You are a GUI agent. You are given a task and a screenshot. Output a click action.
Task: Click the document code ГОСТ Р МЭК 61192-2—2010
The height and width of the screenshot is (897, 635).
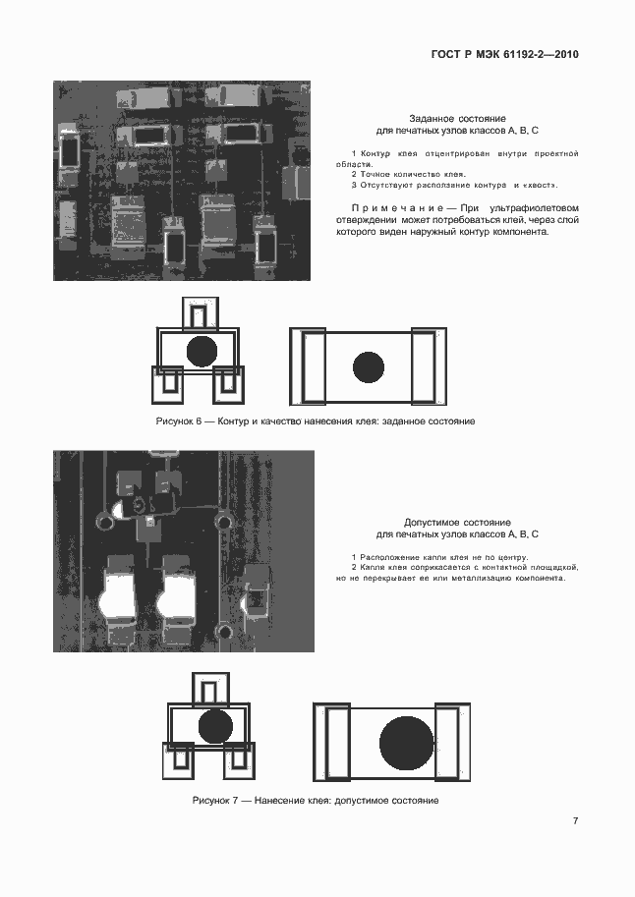(504, 55)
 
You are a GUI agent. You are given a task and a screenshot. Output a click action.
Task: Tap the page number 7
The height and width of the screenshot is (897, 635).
(575, 820)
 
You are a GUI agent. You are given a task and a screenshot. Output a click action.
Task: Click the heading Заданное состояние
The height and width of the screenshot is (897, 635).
(457, 119)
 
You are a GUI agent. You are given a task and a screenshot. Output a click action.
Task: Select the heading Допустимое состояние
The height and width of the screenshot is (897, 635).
(457, 523)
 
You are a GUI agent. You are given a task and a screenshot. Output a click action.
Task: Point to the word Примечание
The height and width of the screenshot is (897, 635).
(397, 208)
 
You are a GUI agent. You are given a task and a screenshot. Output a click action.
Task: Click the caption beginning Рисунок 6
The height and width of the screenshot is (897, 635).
(316, 421)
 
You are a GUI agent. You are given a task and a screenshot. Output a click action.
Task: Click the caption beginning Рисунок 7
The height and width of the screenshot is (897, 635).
(316, 801)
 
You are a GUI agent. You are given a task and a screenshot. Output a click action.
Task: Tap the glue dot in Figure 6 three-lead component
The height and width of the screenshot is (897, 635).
(202, 352)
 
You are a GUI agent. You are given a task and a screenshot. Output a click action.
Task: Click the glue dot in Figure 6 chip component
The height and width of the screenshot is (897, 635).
(369, 367)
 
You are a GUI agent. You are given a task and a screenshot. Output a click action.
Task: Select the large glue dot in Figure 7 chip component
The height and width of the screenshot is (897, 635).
(407, 743)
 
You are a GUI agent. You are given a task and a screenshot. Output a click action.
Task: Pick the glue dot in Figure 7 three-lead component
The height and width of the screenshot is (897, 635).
(215, 726)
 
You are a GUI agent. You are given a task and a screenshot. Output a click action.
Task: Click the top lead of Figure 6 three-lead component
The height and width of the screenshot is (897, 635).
(201, 313)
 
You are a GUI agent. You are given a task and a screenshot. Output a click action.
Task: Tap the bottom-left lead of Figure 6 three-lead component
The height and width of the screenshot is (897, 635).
(168, 385)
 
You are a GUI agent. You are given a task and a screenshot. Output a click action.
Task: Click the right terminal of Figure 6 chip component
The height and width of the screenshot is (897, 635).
(429, 366)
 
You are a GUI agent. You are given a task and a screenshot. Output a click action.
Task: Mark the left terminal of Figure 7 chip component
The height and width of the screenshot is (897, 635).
(332, 743)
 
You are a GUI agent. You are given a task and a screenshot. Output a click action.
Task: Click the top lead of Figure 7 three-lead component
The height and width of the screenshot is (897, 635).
(210, 690)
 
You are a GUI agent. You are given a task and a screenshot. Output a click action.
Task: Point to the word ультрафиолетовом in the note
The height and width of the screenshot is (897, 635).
(530, 208)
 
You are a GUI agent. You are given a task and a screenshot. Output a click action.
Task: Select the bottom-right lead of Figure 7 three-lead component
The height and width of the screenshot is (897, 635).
(239, 760)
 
